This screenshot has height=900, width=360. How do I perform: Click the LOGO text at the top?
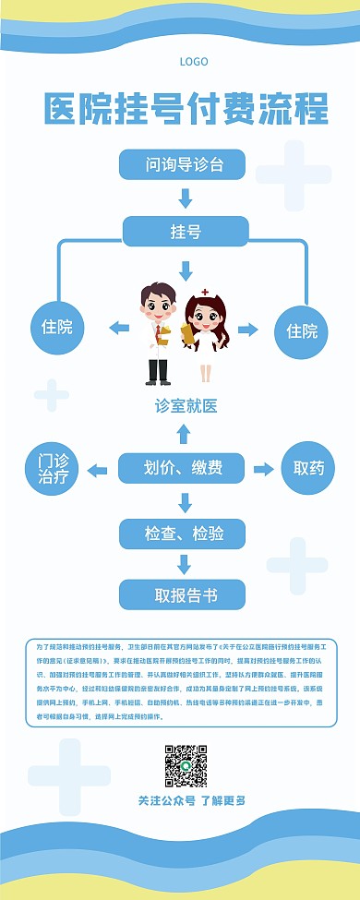pyautogui.click(x=194, y=61)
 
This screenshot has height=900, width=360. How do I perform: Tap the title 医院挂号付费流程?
pyautogui.click(x=186, y=110)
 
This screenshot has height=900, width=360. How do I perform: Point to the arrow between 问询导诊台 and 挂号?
pyautogui.click(x=186, y=198)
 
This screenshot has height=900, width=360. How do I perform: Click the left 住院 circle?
pyautogui.click(x=57, y=327)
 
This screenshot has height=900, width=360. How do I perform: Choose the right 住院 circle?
pyautogui.click(x=301, y=330)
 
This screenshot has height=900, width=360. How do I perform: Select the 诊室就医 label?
pyautogui.click(x=186, y=405)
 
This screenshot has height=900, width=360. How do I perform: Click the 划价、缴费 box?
pyautogui.click(x=184, y=468)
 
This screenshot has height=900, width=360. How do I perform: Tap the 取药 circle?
pyautogui.click(x=308, y=468)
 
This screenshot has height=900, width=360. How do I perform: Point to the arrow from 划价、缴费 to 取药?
pyautogui.click(x=262, y=469)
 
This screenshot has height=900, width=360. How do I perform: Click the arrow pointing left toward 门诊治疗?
pyautogui.click(x=98, y=470)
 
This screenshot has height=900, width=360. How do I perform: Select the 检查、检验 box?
pyautogui.click(x=184, y=534)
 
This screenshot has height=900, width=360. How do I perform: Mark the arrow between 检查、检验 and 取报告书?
pyautogui.click(x=185, y=564)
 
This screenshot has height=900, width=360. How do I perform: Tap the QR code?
pyautogui.click(x=186, y=765)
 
